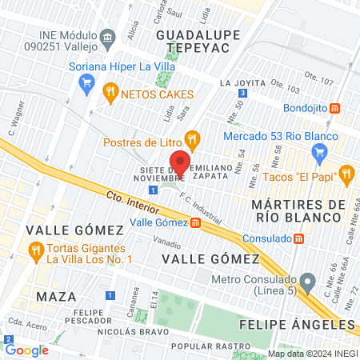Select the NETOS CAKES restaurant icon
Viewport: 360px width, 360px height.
tap(110, 92)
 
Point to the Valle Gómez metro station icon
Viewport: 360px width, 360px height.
tap(196, 223)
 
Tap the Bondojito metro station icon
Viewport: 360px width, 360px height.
tap(335, 108)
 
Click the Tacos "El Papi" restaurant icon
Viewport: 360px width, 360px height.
tap(346, 172)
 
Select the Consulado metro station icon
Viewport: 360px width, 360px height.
tap(298, 238)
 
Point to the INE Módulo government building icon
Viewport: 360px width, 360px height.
tap(107, 37)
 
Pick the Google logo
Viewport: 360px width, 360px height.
tap(26, 350)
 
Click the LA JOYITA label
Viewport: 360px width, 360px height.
tap(241, 82)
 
